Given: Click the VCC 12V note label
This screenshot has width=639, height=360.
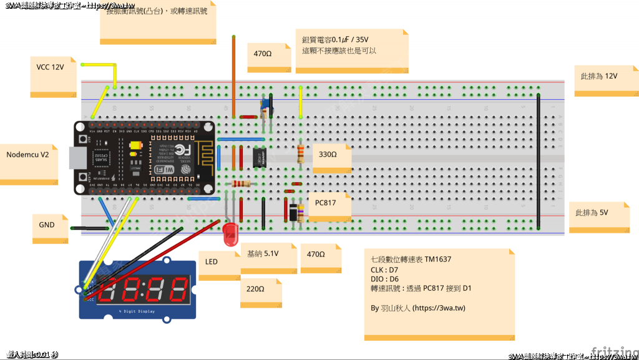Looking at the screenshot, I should pyautogui.click(x=50, y=67).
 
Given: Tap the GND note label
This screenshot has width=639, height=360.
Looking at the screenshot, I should pyautogui.click(x=47, y=225).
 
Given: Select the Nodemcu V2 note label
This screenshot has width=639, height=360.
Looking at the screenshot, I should pyautogui.click(x=27, y=155).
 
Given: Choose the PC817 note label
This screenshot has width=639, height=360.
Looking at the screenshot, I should pyautogui.click(x=326, y=203).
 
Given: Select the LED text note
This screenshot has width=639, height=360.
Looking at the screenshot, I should pyautogui.click(x=212, y=261).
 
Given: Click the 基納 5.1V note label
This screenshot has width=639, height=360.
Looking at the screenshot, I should pyautogui.click(x=263, y=254).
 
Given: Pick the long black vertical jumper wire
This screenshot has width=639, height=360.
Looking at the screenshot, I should pyautogui.click(x=538, y=162).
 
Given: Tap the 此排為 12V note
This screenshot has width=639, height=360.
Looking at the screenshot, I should pyautogui.click(x=599, y=76).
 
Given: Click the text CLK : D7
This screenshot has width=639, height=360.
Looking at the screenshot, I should pyautogui.click(x=388, y=270).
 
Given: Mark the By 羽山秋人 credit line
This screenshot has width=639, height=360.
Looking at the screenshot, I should pyautogui.click(x=417, y=308).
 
